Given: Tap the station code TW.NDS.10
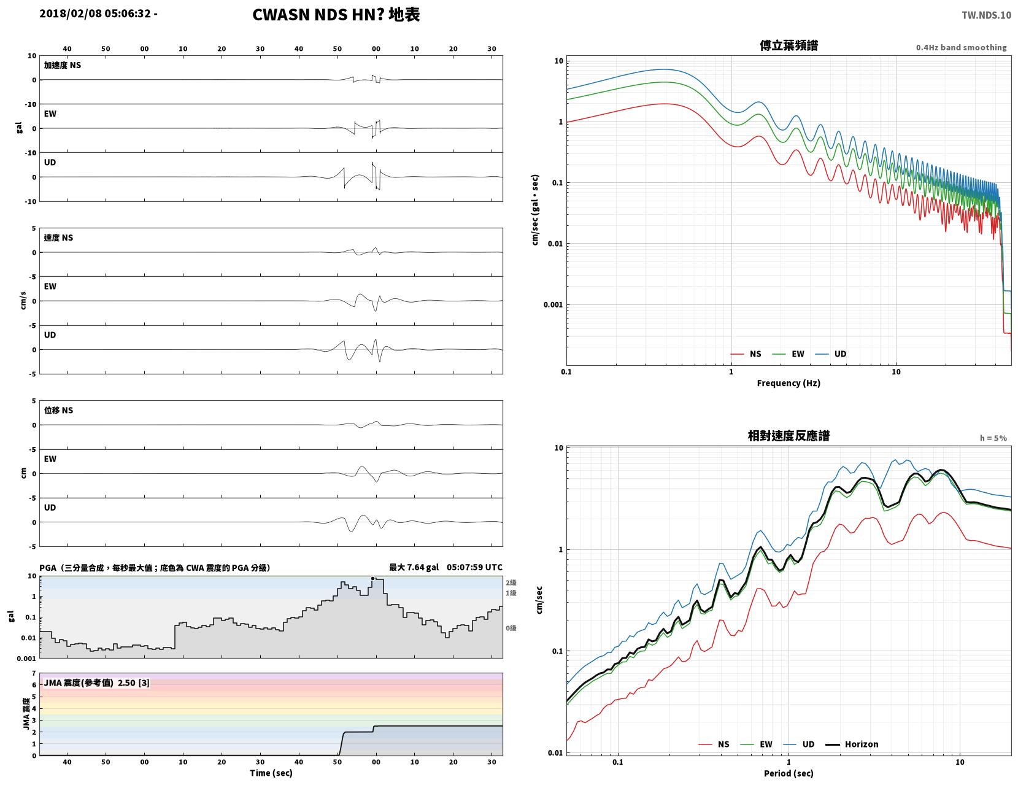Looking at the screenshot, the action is point(986,15).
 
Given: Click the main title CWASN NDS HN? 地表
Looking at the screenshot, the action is point(336,15).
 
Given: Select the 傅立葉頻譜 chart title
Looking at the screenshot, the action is point(789,45).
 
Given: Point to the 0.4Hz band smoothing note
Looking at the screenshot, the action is point(961,47).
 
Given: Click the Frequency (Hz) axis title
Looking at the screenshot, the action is point(789,382).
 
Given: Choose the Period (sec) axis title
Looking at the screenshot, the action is point(789,773).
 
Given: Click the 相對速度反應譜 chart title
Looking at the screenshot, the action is point(789,436).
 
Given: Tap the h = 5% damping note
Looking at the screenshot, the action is point(993,438).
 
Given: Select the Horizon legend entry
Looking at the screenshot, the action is point(851,744).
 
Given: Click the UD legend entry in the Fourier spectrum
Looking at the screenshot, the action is point(831,354).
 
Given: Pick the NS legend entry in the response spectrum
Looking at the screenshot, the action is point(714,744).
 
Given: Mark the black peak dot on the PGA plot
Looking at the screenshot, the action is point(372,578).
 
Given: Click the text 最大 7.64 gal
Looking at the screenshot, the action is point(414,567).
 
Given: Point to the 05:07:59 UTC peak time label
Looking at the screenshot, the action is point(474,567).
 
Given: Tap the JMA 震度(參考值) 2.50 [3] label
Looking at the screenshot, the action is point(96,683).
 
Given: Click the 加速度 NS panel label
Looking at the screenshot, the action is point(63,65).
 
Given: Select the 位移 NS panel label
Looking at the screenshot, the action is point(58,410).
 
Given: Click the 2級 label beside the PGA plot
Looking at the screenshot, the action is point(511,582).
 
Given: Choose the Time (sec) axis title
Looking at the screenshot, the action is point(271,773).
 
